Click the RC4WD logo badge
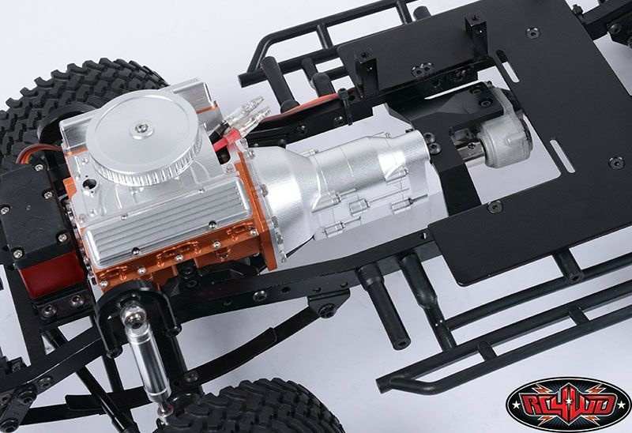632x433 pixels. point(567,405)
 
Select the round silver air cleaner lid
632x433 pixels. point(144,136)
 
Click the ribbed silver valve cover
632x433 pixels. point(167,217)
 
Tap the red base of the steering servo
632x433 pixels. point(47,278)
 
